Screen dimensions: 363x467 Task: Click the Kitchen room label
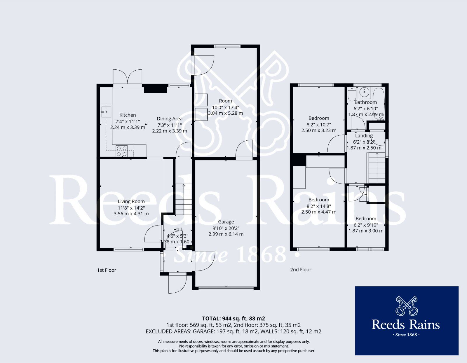pyautogui.click(x=128, y=115)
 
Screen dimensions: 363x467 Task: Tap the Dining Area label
pyautogui.click(x=170, y=118)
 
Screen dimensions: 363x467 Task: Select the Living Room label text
pyautogui.click(x=131, y=201)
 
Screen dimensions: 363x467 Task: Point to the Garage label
pyautogui.click(x=226, y=222)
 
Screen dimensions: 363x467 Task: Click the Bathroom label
pyautogui.click(x=365, y=102)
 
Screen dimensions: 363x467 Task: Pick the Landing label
pyautogui.click(x=364, y=136)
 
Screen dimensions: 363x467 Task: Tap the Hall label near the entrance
pyautogui.click(x=177, y=229)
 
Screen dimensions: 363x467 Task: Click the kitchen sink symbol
pyautogui.click(x=106, y=111)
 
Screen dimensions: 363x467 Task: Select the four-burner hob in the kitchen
pyautogui.click(x=122, y=151)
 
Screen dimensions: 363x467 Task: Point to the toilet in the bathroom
pyautogui.click(x=351, y=94)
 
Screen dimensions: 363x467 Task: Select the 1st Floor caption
pyautogui.click(x=107, y=270)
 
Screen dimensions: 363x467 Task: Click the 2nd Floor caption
pyautogui.click(x=301, y=270)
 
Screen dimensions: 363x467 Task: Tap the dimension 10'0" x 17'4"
pyautogui.click(x=225, y=107)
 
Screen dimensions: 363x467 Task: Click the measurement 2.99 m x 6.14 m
pyautogui.click(x=226, y=234)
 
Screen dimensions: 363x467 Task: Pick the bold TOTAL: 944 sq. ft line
pyautogui.click(x=233, y=318)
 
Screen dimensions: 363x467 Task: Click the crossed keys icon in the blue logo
pyautogui.click(x=406, y=306)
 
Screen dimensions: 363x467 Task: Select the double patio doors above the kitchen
pyautogui.click(x=128, y=77)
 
